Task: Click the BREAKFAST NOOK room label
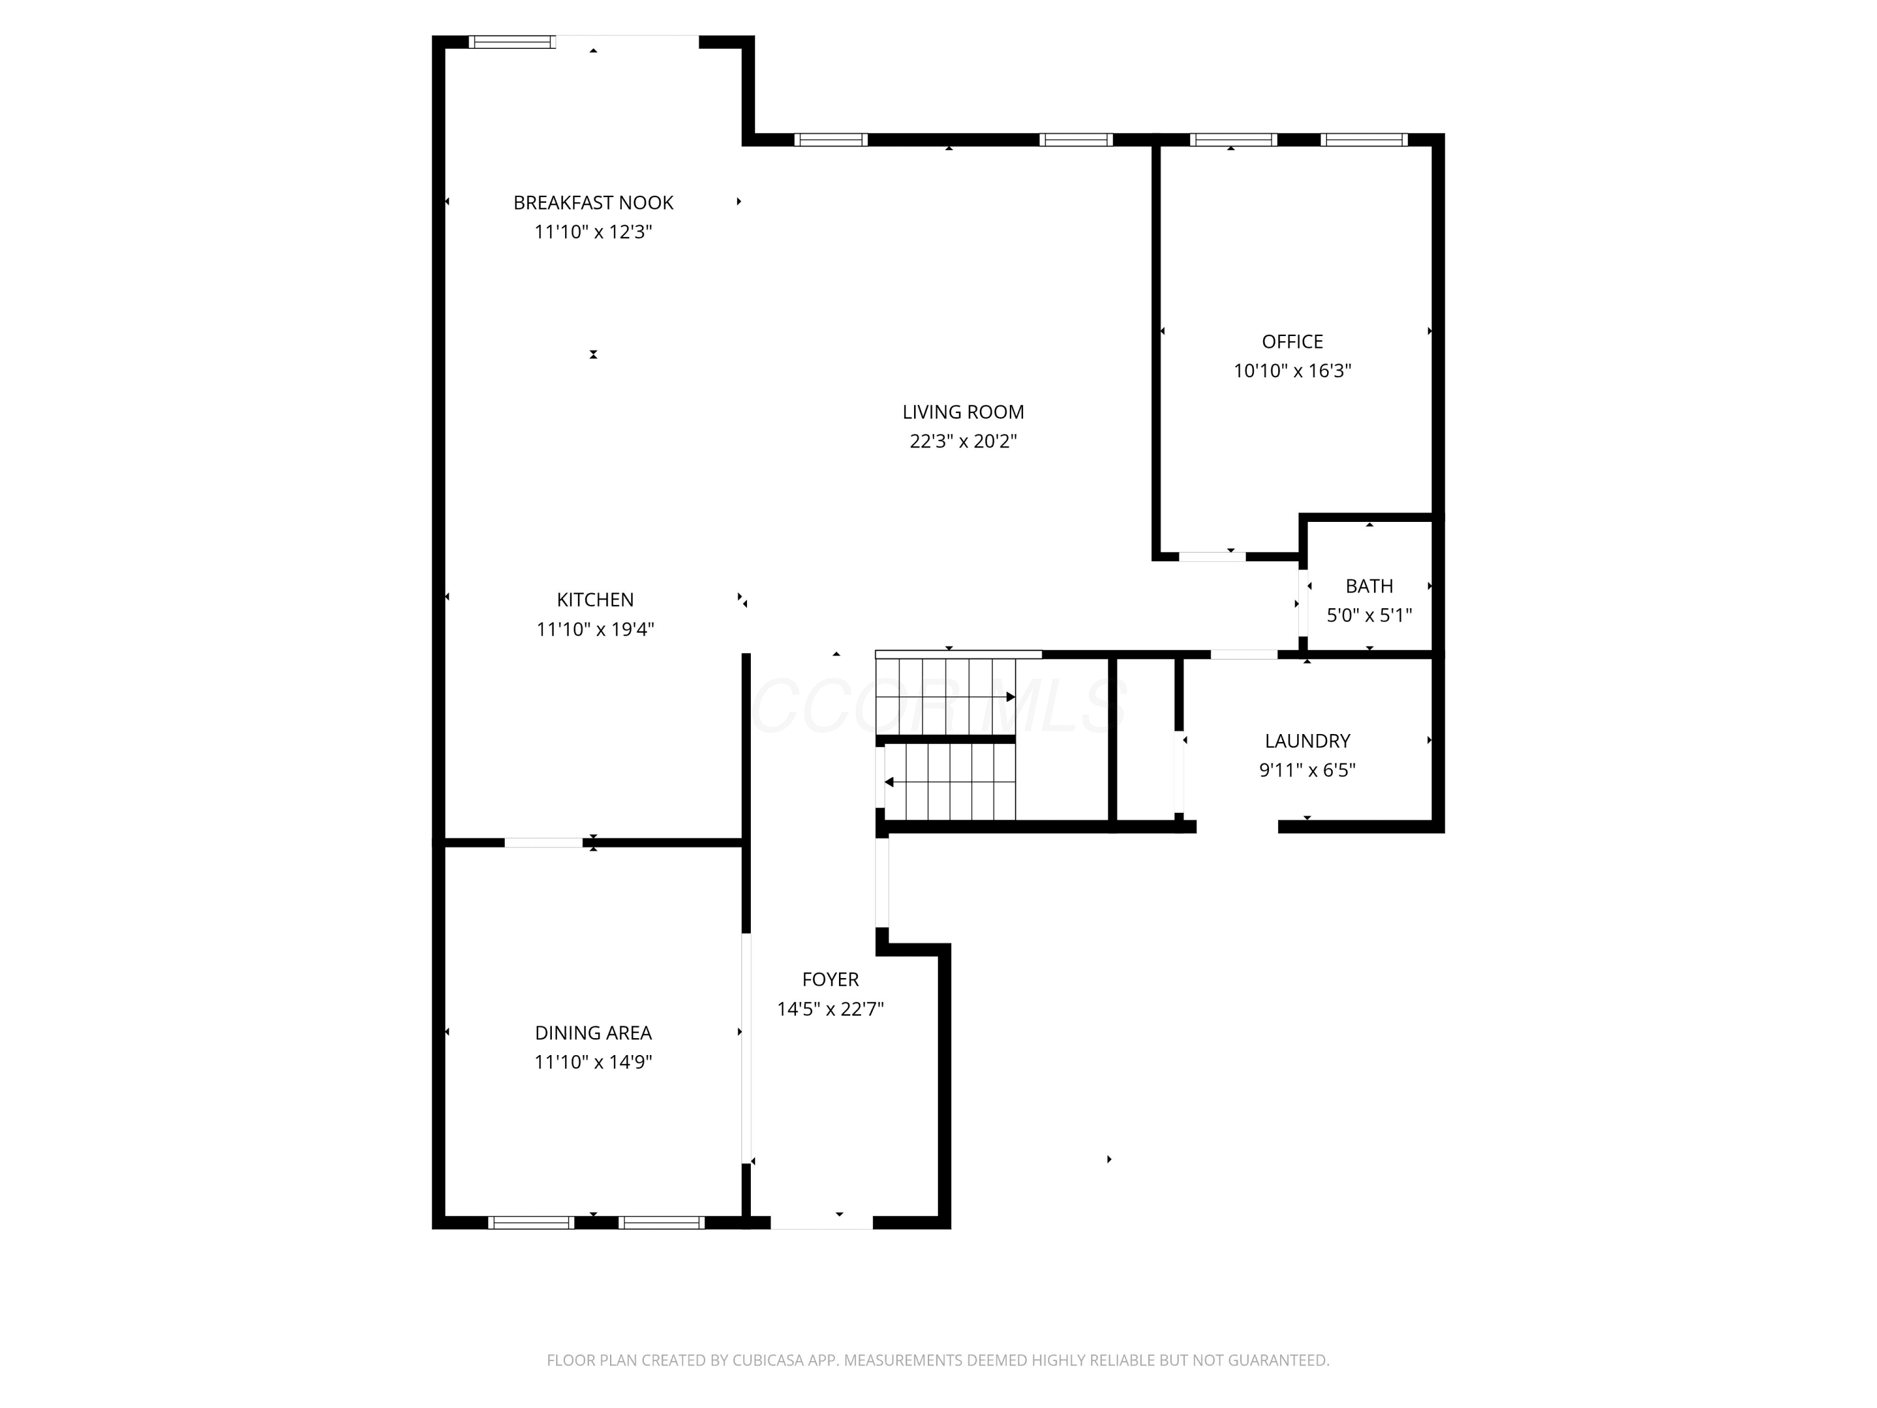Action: pyautogui.click(x=593, y=203)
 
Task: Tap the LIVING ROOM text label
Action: pyautogui.click(x=963, y=412)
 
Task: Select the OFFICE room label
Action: pyautogui.click(x=1293, y=342)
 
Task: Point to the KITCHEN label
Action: pyautogui.click(x=595, y=600)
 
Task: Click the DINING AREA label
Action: pyautogui.click(x=593, y=1033)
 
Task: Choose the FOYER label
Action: pyautogui.click(x=831, y=979)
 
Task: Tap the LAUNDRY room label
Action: pyautogui.click(x=1308, y=741)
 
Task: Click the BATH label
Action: pyautogui.click(x=1370, y=586)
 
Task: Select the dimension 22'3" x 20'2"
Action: pyautogui.click(x=963, y=441)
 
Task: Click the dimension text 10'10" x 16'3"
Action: pyautogui.click(x=1293, y=371)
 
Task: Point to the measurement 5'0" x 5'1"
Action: pyautogui.click(x=1370, y=615)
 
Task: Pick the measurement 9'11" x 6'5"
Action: pyautogui.click(x=1308, y=770)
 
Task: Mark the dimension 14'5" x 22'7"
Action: pyautogui.click(x=831, y=1009)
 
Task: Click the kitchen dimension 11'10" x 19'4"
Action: pyautogui.click(x=595, y=630)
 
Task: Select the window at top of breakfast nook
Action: pyautogui.click(x=512, y=41)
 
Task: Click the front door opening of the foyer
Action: pyautogui.click(x=822, y=1223)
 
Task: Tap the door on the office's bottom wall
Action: pyautogui.click(x=1212, y=557)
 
